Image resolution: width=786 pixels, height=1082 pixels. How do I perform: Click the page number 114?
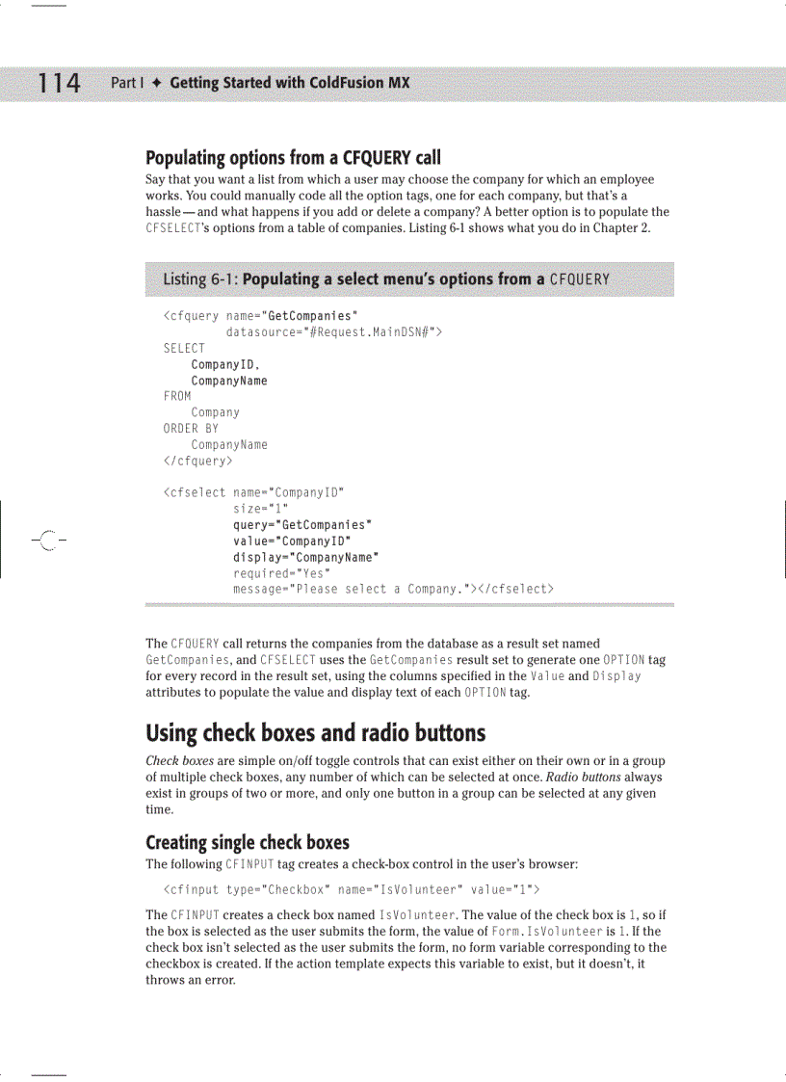(x=59, y=84)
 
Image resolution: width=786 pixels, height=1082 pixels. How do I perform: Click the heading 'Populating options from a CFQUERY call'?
(x=293, y=157)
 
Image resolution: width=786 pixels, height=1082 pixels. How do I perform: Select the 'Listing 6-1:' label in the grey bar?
(x=200, y=279)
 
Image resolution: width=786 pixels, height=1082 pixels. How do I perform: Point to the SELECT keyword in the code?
(x=184, y=348)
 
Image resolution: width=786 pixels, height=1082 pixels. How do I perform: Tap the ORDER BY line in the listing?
(x=191, y=429)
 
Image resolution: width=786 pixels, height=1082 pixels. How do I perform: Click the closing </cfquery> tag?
(x=197, y=461)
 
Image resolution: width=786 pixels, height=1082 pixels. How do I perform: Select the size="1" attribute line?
(x=261, y=509)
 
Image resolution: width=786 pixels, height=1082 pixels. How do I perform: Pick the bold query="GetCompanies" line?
(x=302, y=525)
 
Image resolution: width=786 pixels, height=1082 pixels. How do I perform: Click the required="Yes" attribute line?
(x=279, y=573)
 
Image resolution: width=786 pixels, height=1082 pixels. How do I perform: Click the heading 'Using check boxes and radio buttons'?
(x=315, y=733)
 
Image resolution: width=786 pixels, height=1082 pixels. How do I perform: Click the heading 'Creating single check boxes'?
(x=247, y=843)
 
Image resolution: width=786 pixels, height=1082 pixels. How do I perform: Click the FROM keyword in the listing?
(x=177, y=396)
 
